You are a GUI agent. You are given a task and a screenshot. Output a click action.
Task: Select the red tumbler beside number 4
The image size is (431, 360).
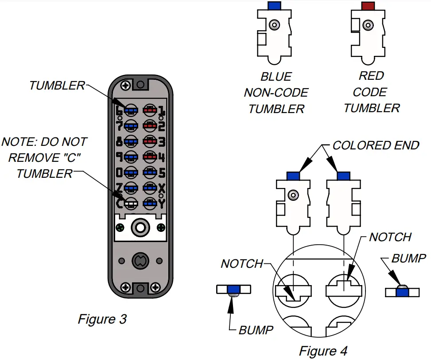(149, 157)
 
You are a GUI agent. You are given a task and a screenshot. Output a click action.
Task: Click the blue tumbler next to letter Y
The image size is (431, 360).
(149, 203)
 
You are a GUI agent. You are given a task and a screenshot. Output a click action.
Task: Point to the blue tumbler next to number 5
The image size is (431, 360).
(149, 172)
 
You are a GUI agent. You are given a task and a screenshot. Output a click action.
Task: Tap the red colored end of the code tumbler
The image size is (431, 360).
(368, 6)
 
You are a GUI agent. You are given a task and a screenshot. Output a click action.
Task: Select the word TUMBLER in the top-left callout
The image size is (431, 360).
(57, 85)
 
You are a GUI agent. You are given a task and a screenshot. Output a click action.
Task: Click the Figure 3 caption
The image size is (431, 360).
(102, 319)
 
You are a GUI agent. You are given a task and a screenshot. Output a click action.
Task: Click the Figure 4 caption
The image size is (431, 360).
(323, 351)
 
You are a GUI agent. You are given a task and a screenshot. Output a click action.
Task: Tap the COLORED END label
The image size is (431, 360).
(376, 145)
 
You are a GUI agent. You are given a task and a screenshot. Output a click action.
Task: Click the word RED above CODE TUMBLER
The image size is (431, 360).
(371, 76)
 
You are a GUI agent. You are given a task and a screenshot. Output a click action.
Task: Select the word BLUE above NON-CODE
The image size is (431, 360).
(276, 77)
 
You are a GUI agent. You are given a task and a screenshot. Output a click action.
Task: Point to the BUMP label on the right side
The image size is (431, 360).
(409, 258)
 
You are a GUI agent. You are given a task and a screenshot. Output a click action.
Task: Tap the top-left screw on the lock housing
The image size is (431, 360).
(126, 84)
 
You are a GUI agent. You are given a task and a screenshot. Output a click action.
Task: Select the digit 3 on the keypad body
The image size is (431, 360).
(161, 142)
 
